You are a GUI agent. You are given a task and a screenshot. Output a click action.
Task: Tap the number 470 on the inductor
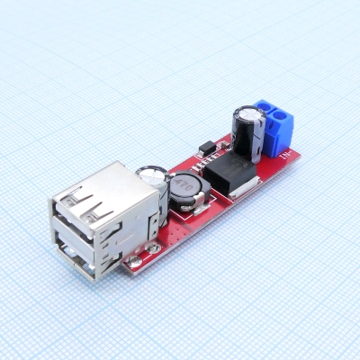[x=187, y=185]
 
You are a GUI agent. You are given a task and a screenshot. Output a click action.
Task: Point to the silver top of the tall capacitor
[x=247, y=113]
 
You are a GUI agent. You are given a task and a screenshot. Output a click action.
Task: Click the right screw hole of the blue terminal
[x=284, y=119]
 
